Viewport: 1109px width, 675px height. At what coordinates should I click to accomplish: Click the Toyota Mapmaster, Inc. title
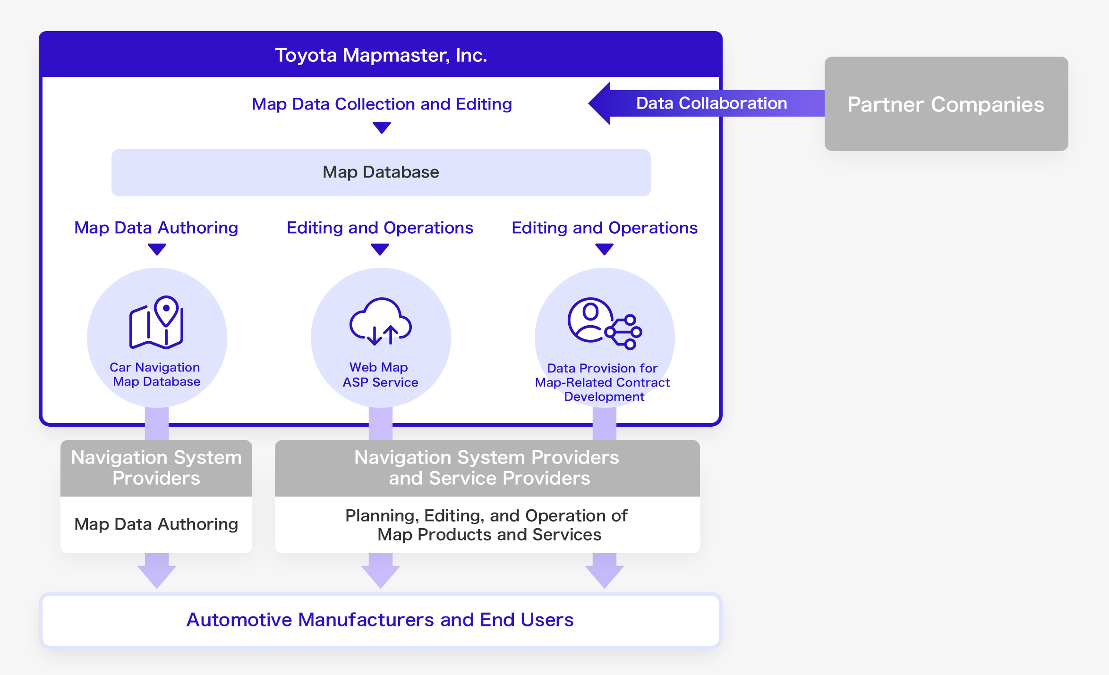click(x=381, y=55)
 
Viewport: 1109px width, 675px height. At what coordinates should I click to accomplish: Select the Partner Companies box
click(x=946, y=104)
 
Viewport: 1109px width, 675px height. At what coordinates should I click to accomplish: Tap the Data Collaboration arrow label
click(x=711, y=103)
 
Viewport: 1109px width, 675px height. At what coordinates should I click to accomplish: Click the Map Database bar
click(x=381, y=172)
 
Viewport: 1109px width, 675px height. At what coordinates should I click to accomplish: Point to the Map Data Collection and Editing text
click(x=382, y=104)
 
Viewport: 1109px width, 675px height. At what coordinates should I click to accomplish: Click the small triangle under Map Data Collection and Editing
click(x=382, y=127)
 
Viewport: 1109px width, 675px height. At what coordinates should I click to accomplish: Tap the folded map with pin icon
click(x=157, y=323)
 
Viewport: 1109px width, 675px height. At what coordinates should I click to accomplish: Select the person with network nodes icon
click(x=604, y=324)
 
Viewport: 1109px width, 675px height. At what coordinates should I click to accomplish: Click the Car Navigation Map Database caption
click(x=156, y=374)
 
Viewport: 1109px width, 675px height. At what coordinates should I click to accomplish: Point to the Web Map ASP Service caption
click(x=380, y=375)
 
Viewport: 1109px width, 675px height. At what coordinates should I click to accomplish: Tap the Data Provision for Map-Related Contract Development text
click(x=603, y=382)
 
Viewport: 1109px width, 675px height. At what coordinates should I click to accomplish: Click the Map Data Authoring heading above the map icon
click(x=156, y=228)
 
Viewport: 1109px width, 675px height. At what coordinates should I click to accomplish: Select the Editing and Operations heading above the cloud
click(x=380, y=228)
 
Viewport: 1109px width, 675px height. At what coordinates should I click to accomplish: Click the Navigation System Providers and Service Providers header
click(x=487, y=468)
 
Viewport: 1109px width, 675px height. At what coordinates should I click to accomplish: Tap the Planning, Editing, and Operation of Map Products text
click(x=487, y=525)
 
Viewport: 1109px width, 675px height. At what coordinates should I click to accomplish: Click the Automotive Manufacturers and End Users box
click(x=380, y=620)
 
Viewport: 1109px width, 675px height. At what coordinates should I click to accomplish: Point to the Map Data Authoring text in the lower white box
click(x=156, y=524)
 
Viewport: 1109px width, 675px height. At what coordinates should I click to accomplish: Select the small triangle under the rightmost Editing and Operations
click(x=604, y=249)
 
